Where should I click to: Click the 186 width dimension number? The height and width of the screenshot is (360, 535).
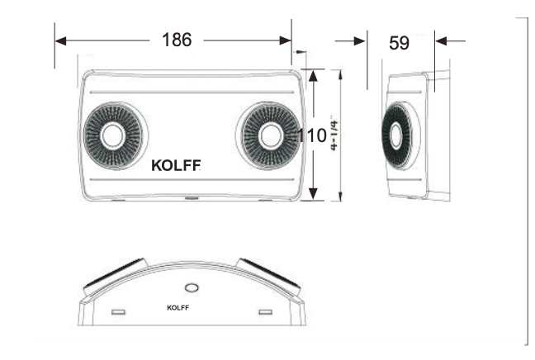[175, 40]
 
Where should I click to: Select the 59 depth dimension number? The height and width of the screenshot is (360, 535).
[399, 43]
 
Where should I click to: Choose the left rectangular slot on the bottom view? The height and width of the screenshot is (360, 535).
[118, 311]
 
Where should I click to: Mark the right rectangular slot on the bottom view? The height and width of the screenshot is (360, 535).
[265, 311]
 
